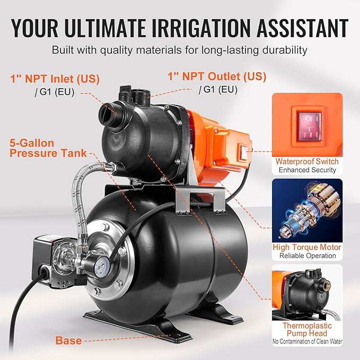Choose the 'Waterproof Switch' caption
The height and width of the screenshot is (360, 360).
[x=308, y=161]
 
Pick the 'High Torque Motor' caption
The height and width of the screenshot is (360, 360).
[x=308, y=247]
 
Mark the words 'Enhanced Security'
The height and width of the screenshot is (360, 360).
[x=308, y=170]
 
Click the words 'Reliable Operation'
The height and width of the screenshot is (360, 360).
[x=308, y=256]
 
